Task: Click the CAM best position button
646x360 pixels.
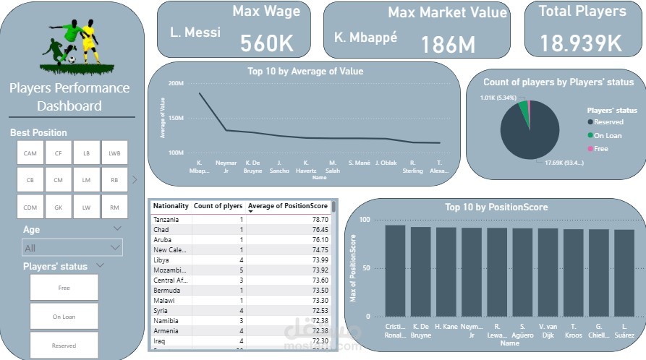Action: [30, 153]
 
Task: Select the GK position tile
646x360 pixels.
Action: [58, 207]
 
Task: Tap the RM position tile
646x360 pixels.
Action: [114, 207]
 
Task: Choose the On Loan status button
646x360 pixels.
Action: [64, 317]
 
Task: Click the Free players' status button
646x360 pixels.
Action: [64, 288]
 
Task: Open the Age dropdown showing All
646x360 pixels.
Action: [72, 248]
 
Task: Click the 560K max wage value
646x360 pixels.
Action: [267, 43]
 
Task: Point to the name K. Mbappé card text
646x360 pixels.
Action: [365, 36]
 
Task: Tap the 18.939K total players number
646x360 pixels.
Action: [581, 43]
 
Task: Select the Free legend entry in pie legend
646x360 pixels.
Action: [600, 148]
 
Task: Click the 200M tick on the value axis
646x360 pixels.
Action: [177, 83]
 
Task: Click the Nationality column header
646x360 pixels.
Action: [170, 207]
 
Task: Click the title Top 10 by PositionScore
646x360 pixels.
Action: [496, 207]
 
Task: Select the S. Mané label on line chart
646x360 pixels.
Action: [359, 163]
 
